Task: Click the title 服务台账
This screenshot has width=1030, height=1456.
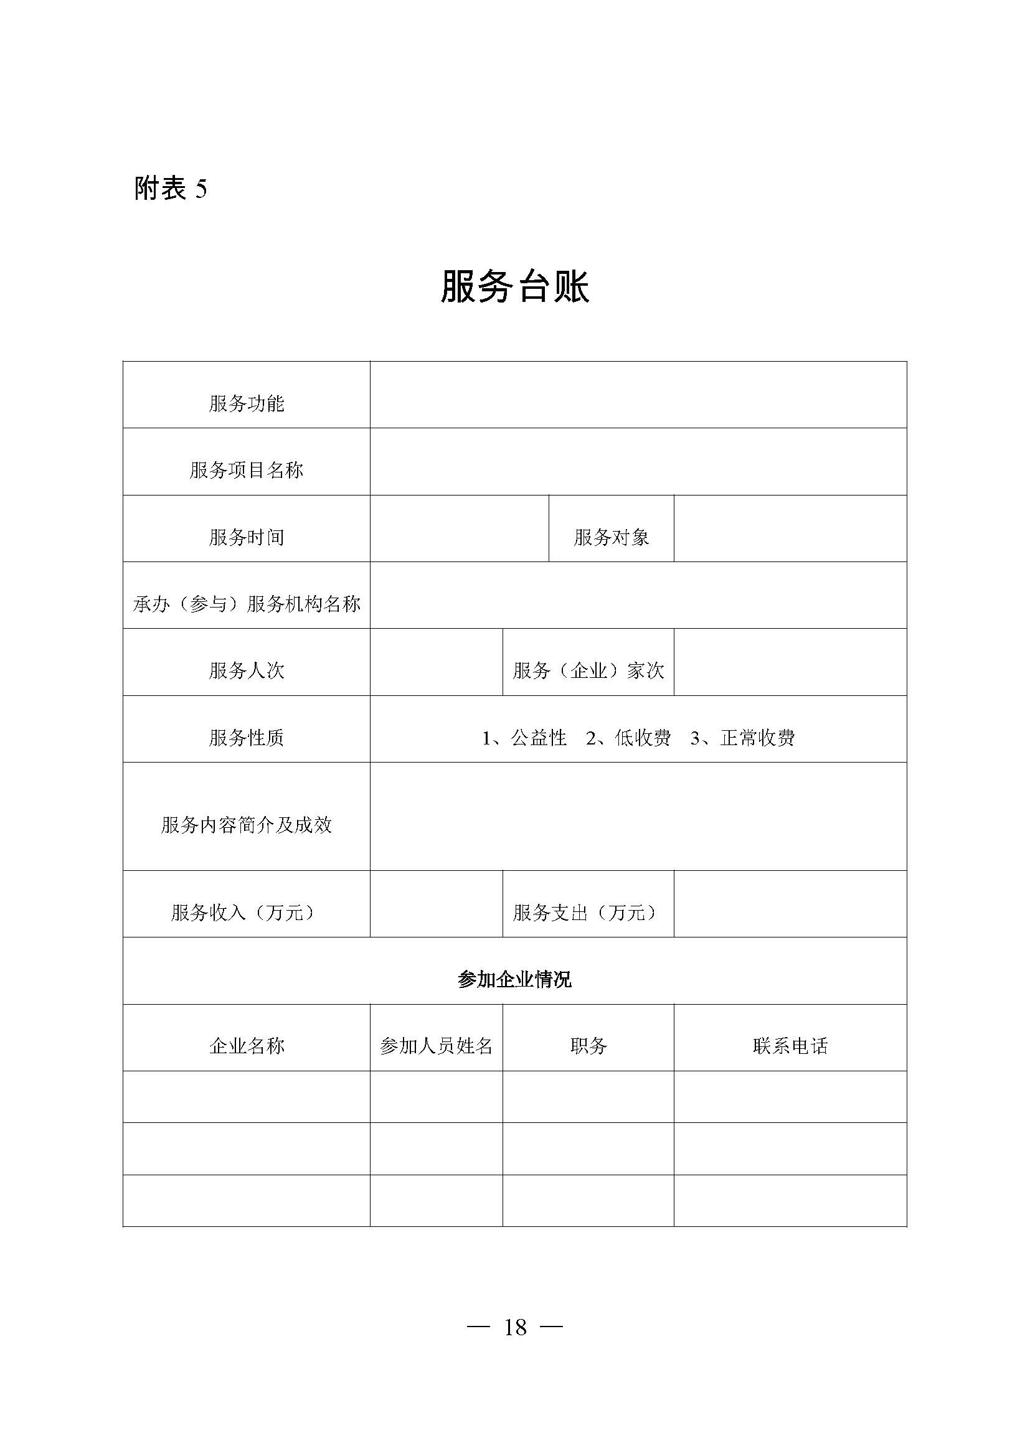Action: click(514, 286)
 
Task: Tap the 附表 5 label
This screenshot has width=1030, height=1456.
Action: click(170, 189)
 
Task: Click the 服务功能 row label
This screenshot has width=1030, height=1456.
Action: click(246, 403)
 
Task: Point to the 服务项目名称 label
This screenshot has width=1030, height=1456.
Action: click(246, 470)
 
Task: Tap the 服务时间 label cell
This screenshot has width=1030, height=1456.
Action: click(246, 537)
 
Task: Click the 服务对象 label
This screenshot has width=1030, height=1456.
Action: click(611, 537)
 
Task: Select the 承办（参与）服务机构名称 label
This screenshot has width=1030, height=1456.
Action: click(246, 604)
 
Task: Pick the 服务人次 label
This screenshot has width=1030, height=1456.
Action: click(246, 670)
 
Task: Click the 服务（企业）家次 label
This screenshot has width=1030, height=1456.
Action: click(588, 670)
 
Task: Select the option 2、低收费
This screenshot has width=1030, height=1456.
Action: click(628, 738)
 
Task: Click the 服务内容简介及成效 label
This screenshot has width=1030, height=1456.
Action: click(246, 825)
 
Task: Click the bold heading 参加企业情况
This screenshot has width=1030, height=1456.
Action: click(514, 980)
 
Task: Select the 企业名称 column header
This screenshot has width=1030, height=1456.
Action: click(246, 1046)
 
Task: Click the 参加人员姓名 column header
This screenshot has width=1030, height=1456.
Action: click(437, 1046)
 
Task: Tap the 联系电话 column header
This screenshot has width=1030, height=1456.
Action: click(790, 1046)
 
